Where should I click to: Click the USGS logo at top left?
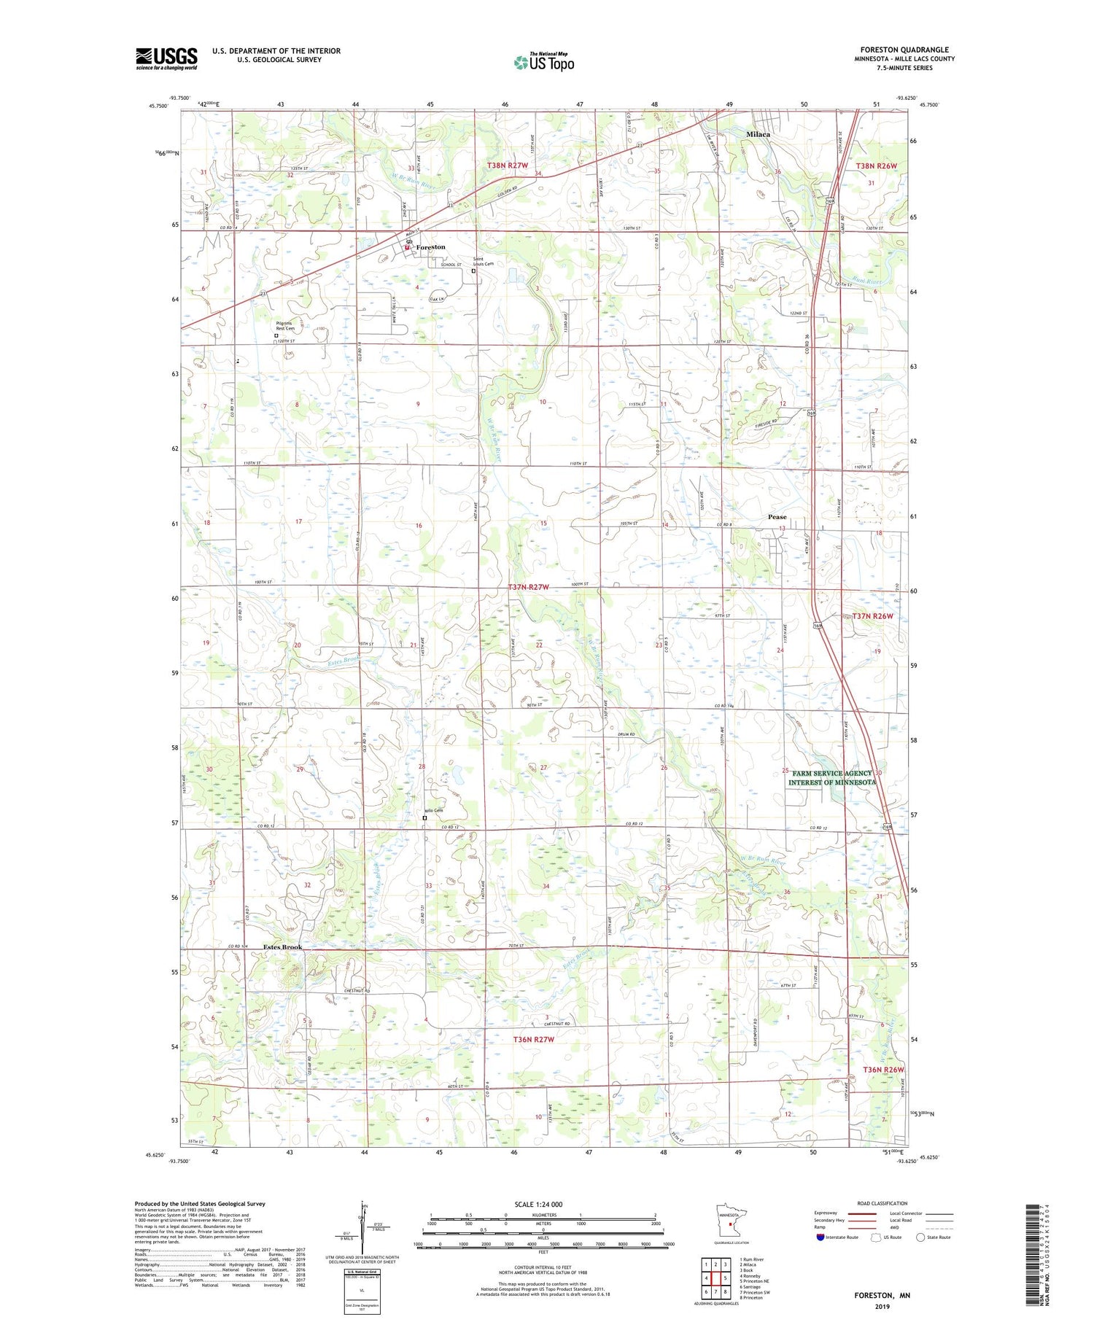tap(166, 58)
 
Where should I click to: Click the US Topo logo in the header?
tap(544, 63)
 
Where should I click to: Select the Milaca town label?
tap(758, 135)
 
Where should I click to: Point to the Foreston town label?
tap(430, 247)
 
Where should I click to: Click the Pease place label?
tap(777, 517)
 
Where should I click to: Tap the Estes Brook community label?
tap(282, 947)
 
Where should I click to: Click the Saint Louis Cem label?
tap(483, 261)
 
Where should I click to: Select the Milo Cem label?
tap(434, 811)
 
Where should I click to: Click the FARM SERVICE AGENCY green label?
tap(832, 777)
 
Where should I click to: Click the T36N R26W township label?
tap(883, 1070)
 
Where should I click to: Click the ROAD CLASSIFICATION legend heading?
tap(882, 1204)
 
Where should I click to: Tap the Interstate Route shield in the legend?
tap(820, 1237)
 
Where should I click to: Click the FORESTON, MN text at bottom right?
tap(882, 1295)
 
